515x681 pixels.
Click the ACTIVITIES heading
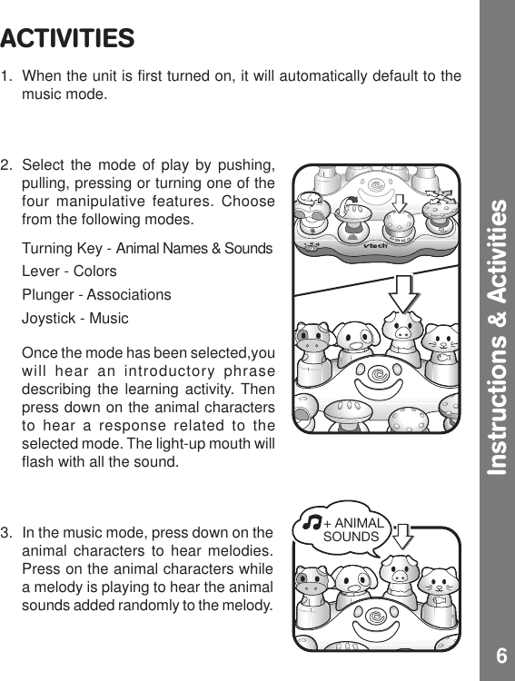[68, 39]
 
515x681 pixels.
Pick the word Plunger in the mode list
[48, 295]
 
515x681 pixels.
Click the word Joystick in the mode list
[50, 319]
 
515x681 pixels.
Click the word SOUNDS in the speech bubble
[352, 537]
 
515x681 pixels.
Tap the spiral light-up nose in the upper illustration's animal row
[375, 372]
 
